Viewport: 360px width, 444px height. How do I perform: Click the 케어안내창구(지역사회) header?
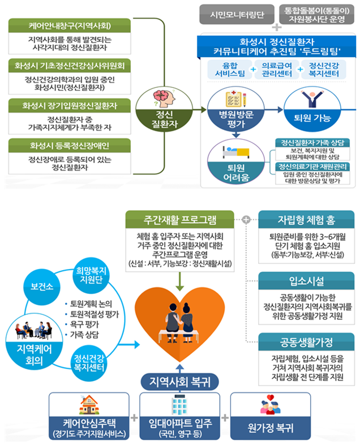[70, 27]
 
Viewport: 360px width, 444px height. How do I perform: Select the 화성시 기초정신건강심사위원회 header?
[70, 66]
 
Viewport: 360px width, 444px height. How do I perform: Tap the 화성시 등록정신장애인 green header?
[70, 146]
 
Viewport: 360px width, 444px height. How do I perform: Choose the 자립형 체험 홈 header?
[306, 219]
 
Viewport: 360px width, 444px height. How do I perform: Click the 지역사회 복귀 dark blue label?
[181, 381]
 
